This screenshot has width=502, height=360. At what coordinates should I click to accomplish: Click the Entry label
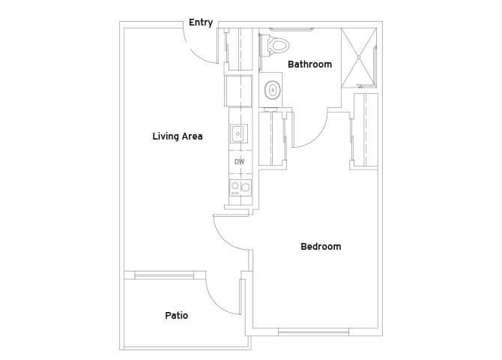tap(201, 22)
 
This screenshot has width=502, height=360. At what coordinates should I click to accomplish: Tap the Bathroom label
tap(309, 64)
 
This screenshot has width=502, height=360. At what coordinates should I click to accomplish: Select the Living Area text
tap(178, 136)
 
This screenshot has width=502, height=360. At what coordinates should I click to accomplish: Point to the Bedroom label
tap(321, 247)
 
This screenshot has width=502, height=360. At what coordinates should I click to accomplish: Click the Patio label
tap(176, 316)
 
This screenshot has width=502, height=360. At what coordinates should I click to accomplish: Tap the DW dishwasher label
tap(240, 162)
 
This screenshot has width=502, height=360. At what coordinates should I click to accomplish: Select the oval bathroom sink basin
tap(273, 90)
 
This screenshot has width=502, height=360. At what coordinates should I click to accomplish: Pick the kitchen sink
tap(238, 133)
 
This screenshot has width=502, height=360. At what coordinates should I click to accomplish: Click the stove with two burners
tap(240, 187)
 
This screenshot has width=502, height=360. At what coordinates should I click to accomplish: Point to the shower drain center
tap(359, 57)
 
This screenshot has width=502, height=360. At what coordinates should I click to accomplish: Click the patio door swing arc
tap(215, 302)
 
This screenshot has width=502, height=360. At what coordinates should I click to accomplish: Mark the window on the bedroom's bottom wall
tap(313, 331)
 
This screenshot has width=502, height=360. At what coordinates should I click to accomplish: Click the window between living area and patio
tap(164, 275)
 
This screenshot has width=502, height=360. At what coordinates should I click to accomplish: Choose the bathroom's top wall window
tap(291, 29)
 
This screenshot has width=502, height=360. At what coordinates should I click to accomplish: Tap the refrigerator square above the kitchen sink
tap(238, 91)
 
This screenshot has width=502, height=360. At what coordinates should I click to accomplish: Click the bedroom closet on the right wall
tap(365, 130)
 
